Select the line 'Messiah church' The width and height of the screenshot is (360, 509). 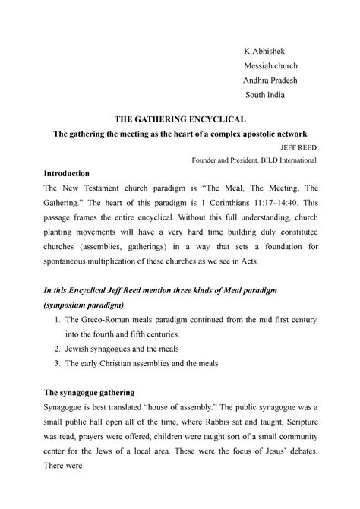click(x=272, y=65)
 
